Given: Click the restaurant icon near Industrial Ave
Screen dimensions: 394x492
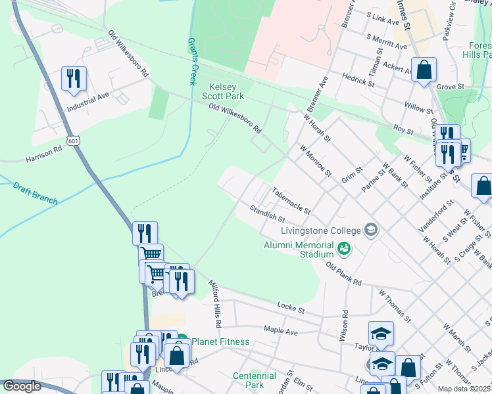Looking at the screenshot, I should pyautogui.click(x=74, y=78).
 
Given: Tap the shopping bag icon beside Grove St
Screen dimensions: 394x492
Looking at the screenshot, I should pyautogui.click(x=424, y=69).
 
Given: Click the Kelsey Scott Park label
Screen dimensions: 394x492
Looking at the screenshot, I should pyautogui.click(x=227, y=91).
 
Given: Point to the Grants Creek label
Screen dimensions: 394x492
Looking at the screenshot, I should pyautogui.click(x=193, y=61).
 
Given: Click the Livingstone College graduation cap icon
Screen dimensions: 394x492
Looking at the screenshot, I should pyautogui.click(x=372, y=230).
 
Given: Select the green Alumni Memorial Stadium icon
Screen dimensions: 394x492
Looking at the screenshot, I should pyautogui.click(x=343, y=248).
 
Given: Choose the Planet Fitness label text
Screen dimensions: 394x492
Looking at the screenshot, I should pyautogui.click(x=220, y=341).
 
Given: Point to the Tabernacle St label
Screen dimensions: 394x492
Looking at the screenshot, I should pyautogui.click(x=291, y=198).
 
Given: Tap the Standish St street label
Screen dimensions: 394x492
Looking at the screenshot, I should pyautogui.click(x=266, y=213).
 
